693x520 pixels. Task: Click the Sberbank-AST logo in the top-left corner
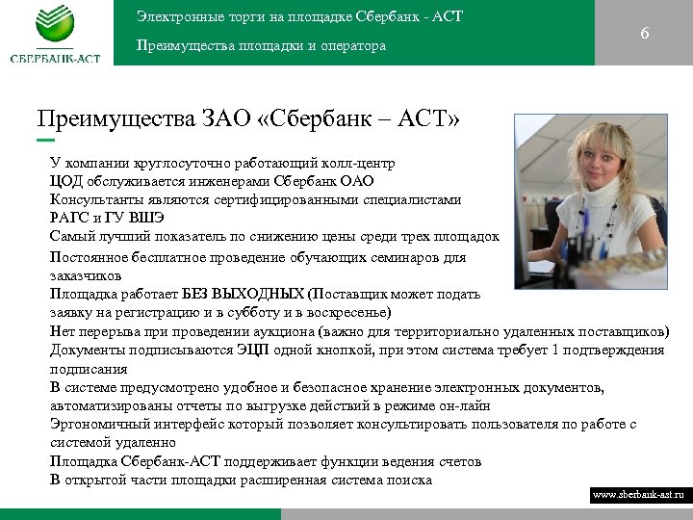57,33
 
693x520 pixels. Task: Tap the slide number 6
644,33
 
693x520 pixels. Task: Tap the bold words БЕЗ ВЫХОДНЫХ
253,294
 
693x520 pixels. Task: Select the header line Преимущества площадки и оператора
261,45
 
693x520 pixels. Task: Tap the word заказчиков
86,275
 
